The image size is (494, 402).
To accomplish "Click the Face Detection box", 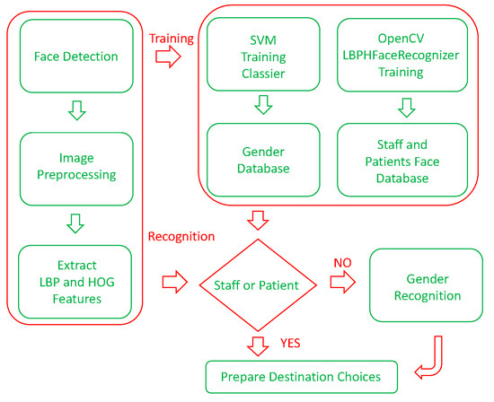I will pos(77,57).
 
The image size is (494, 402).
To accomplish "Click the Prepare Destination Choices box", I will pos(293,376).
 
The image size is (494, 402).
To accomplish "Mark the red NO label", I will pos(343,263).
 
